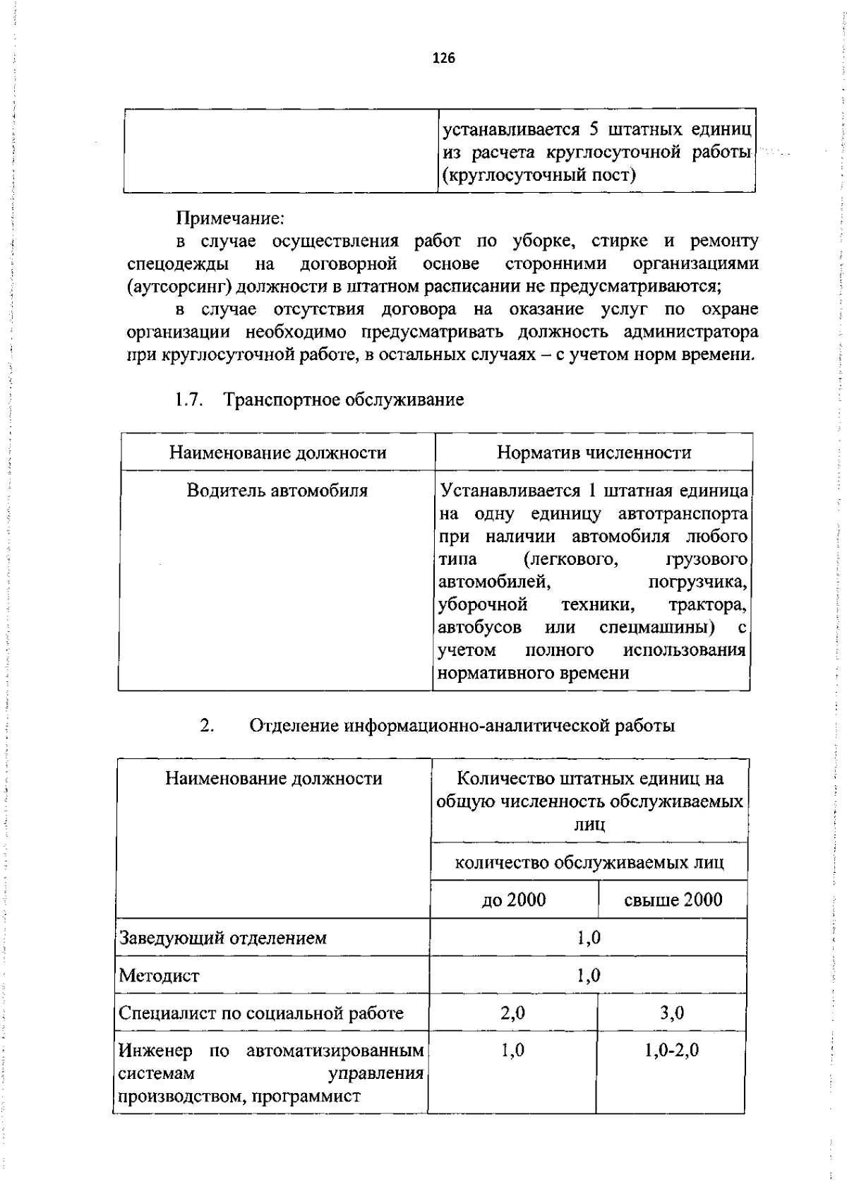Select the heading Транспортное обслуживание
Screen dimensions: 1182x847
pos(344,400)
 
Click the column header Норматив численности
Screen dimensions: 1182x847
pos(594,453)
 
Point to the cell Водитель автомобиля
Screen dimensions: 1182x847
pos(277,490)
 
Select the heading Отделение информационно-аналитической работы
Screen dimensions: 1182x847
pos(462,725)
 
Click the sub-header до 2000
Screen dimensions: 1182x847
pos(513,900)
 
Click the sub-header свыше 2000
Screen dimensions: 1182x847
pos(673,900)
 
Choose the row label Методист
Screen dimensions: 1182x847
pos(160,976)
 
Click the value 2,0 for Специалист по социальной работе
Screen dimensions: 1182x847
pos(513,1013)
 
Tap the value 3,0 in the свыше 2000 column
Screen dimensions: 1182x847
pos(672,1013)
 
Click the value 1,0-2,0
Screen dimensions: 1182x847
pos(671,1050)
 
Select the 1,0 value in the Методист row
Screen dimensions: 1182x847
pos(588,976)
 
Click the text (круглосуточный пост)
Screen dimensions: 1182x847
pos(539,174)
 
